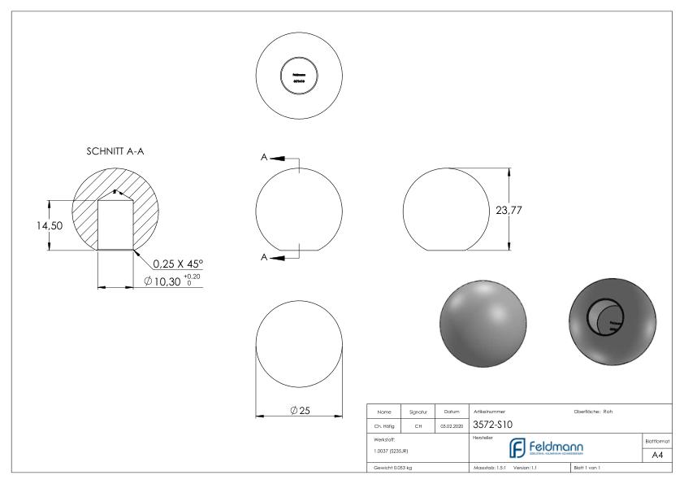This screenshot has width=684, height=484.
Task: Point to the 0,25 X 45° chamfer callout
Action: (x=178, y=264)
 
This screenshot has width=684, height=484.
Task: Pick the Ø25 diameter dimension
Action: (x=298, y=410)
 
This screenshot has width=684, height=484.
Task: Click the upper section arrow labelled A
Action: (x=272, y=158)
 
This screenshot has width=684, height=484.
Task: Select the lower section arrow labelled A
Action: (x=272, y=257)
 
